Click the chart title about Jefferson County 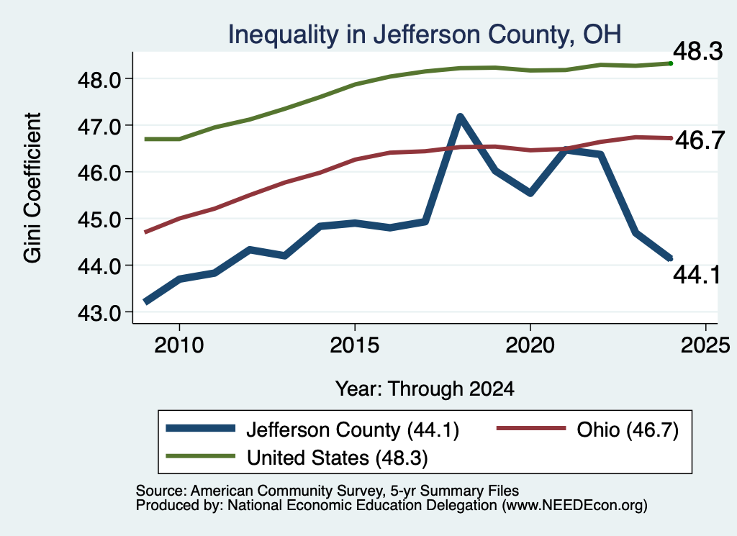425,35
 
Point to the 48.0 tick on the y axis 99,79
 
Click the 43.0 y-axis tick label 99,313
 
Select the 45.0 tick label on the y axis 99,219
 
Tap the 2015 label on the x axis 354,345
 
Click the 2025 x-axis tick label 705,345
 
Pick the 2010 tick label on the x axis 179,345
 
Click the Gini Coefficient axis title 32,188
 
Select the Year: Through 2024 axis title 425,389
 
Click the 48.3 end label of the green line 697,51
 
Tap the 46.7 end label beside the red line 700,140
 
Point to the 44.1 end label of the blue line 697,274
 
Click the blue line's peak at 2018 460,117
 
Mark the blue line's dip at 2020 530,193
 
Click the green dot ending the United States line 671,63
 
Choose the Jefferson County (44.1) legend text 353,430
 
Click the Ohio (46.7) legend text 628,430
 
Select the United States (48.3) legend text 338,458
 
